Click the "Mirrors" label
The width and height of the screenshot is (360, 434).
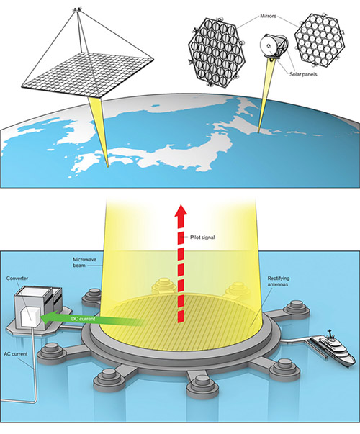point(268,16)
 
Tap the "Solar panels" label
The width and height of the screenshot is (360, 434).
point(303,74)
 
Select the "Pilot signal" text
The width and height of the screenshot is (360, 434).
point(202,238)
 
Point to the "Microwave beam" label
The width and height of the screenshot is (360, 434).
point(81,263)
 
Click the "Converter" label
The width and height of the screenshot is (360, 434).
point(17,278)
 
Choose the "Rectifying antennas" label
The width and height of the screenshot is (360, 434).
point(279,281)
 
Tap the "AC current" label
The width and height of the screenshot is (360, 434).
point(16,353)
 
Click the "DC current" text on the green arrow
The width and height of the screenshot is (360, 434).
point(83,319)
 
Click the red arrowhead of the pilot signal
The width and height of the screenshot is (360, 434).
point(181,210)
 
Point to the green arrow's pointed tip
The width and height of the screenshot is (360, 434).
point(41,317)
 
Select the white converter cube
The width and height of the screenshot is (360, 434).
point(31,315)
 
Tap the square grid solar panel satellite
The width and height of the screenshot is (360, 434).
point(88,73)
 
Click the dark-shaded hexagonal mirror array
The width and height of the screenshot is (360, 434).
point(217,53)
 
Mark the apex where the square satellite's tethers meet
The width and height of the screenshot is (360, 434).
point(77,10)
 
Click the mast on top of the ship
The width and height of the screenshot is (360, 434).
point(330,333)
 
